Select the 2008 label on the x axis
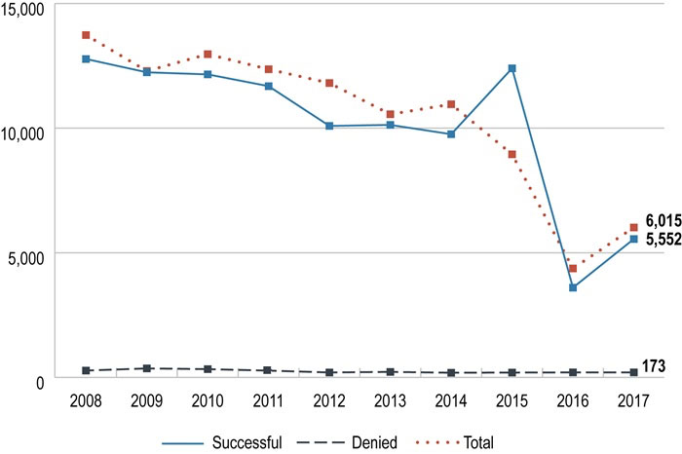click(86, 399)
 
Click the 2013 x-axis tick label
click(390, 399)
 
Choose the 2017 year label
click(633, 399)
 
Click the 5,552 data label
click(663, 239)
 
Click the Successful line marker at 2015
click(511, 68)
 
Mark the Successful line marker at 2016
click(573, 287)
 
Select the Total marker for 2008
click(86, 35)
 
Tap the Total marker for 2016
click(573, 268)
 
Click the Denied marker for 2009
click(146, 368)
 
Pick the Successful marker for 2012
click(329, 126)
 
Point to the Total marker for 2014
click(451, 104)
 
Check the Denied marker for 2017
click(633, 372)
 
